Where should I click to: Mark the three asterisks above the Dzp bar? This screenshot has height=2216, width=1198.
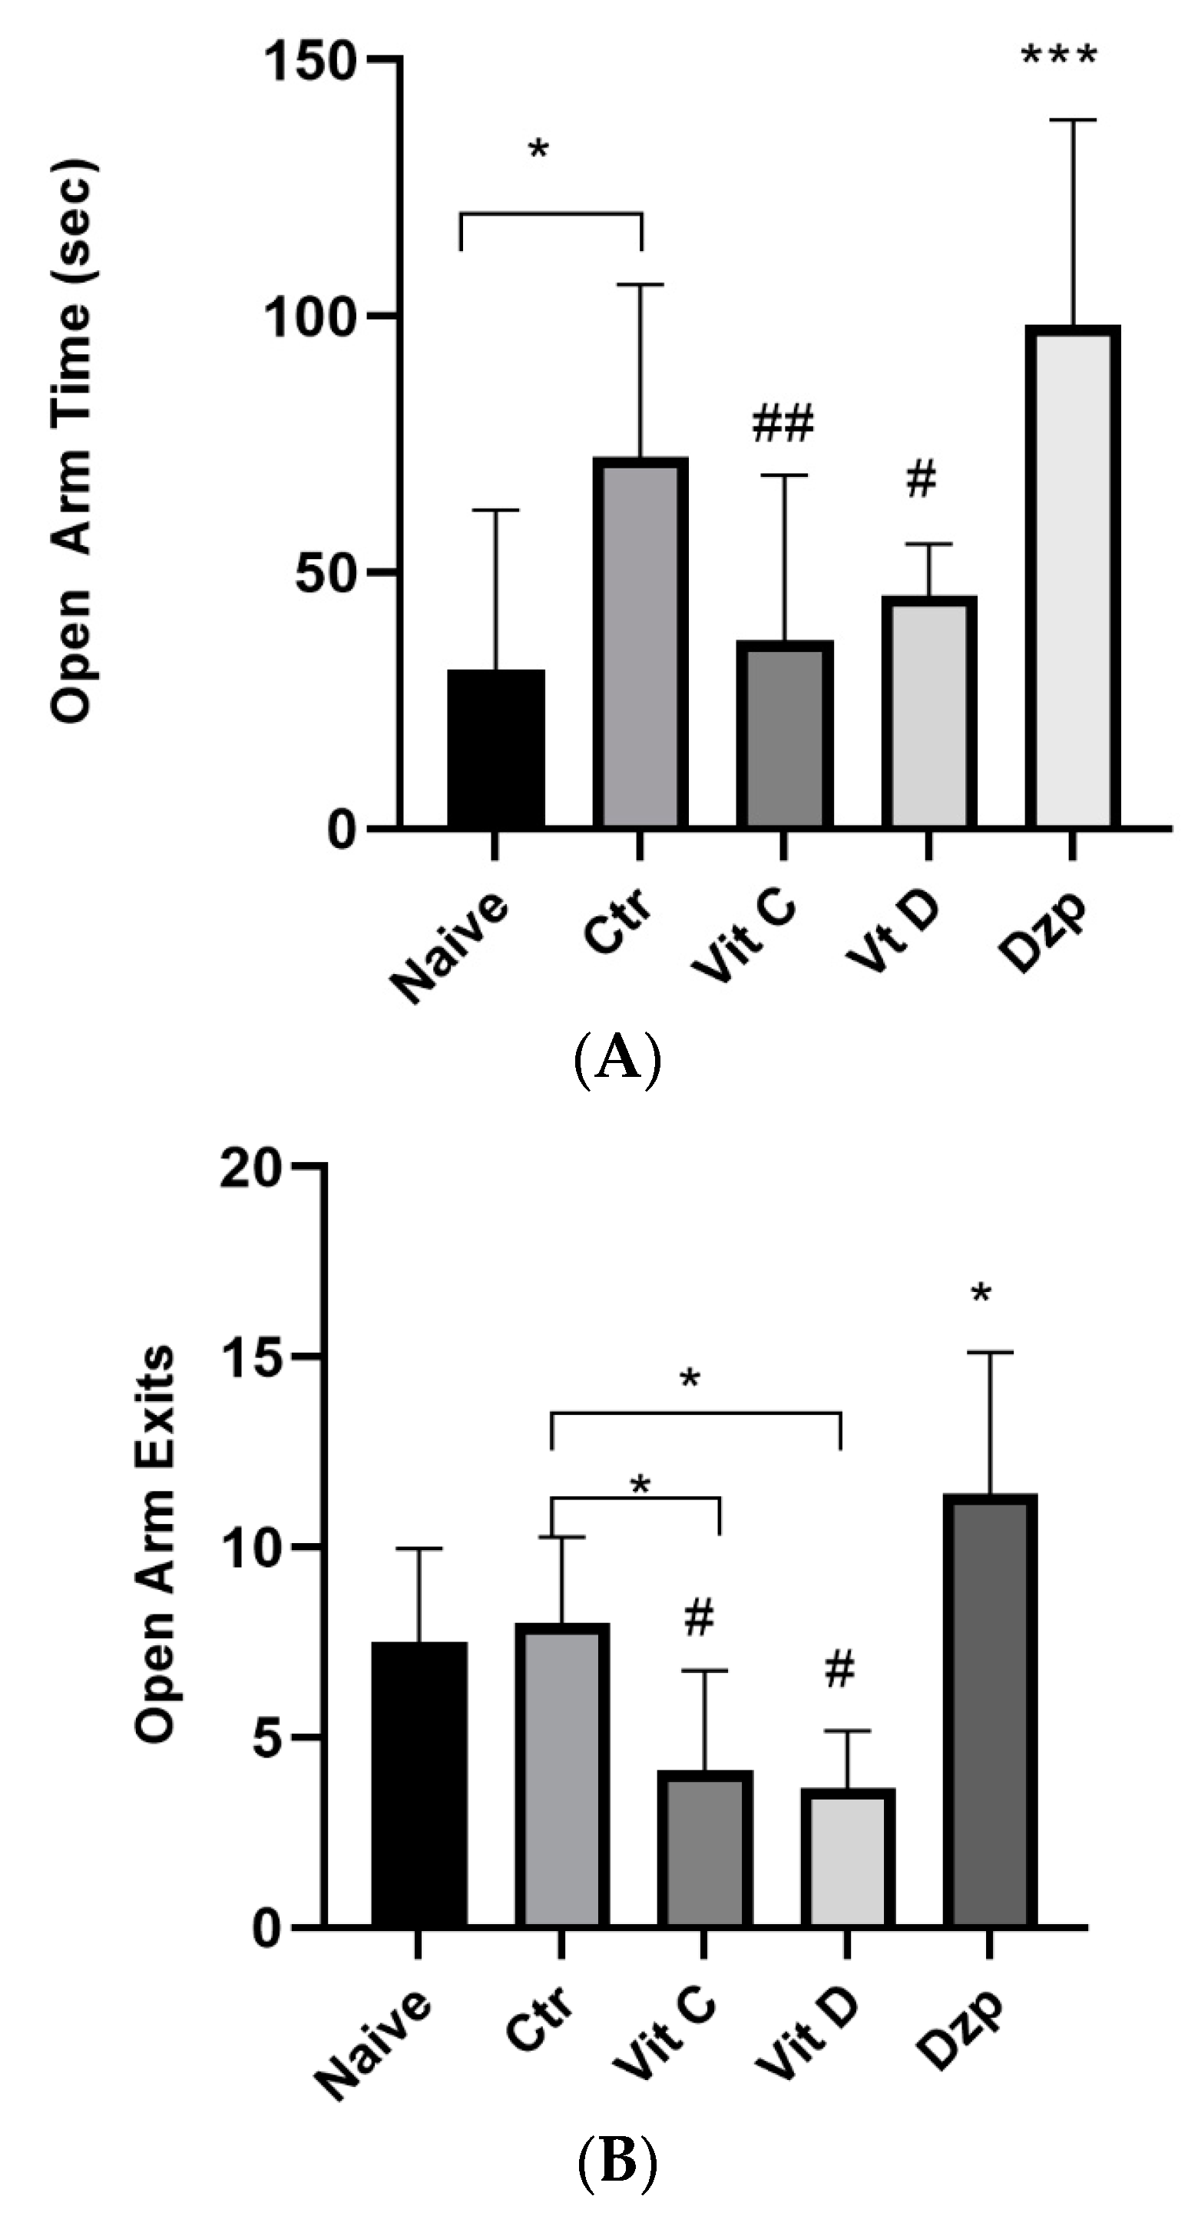[1059, 58]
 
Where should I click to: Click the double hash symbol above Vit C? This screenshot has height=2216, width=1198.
[783, 424]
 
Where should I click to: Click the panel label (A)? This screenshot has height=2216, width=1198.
[617, 1060]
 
